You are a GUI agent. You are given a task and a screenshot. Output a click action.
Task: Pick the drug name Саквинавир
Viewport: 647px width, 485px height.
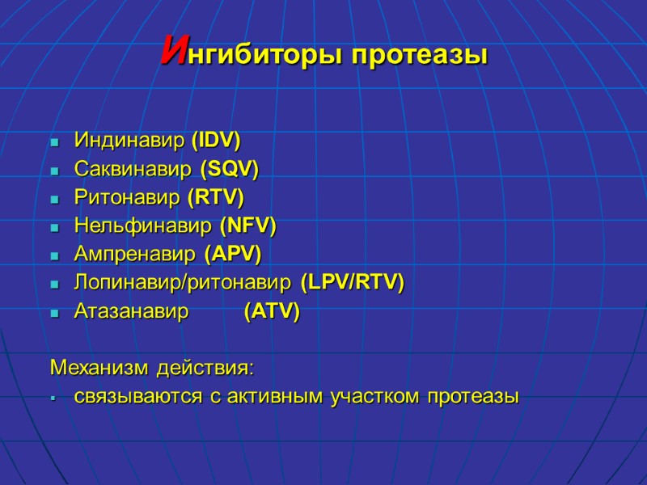(x=133, y=169)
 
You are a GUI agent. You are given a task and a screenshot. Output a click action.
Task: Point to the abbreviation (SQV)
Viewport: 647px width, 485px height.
(x=229, y=169)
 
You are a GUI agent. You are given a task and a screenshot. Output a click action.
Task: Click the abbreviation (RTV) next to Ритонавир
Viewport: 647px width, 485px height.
(x=215, y=197)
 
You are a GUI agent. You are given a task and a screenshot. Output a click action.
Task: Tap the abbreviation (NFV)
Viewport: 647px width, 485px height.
(x=247, y=226)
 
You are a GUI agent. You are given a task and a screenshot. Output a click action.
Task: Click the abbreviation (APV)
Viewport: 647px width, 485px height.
(x=233, y=254)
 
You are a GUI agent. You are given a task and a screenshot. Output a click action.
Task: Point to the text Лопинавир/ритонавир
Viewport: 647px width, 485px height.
(x=184, y=283)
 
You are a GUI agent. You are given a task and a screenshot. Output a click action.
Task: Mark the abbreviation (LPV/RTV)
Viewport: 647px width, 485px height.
(x=352, y=283)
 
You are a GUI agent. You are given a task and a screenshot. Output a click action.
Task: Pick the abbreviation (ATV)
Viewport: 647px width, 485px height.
(x=272, y=311)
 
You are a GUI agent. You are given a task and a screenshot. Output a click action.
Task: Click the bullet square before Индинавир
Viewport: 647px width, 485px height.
(x=55, y=141)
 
